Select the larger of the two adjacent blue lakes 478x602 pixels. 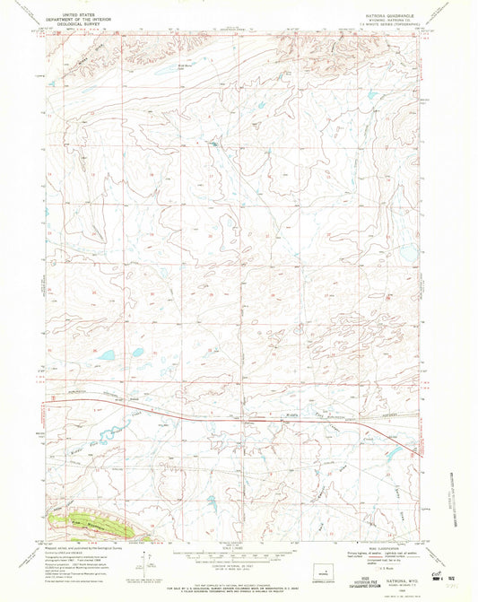pos(105,355)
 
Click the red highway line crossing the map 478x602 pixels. pos(224,414)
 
